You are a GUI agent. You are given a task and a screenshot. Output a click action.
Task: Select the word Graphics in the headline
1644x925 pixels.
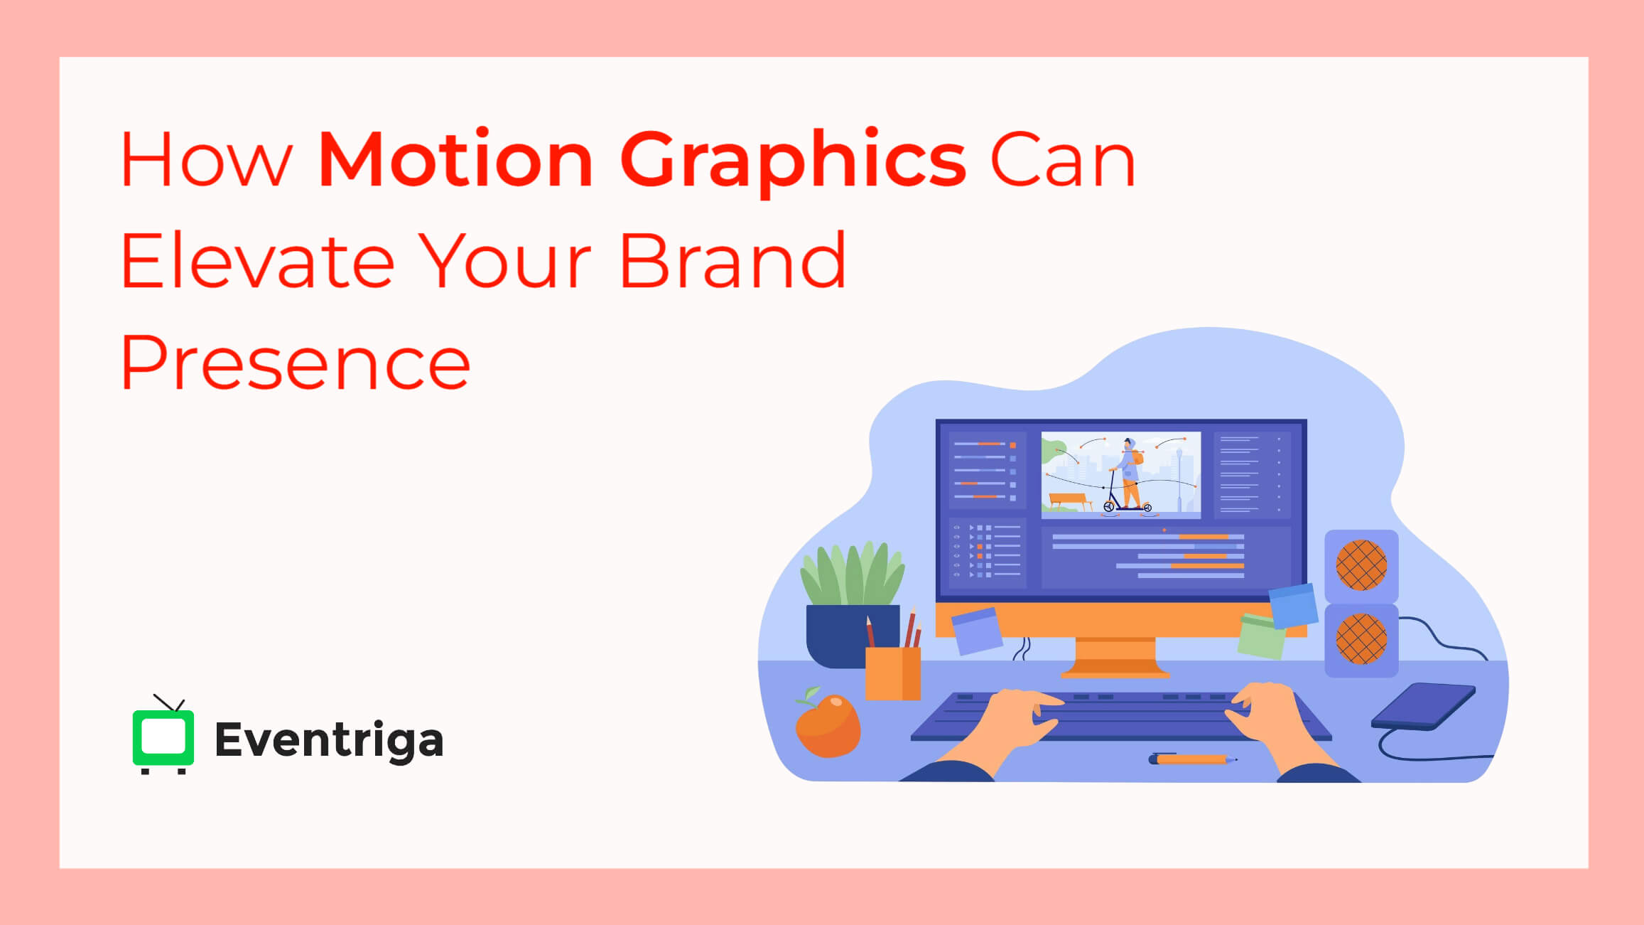[792, 161]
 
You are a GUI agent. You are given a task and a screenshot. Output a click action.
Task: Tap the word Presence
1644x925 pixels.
[295, 363]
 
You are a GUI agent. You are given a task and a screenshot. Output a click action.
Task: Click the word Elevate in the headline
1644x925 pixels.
[257, 261]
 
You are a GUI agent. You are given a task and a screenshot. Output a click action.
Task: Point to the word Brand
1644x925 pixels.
[732, 261]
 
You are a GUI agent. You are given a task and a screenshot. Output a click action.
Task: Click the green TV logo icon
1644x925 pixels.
[163, 737]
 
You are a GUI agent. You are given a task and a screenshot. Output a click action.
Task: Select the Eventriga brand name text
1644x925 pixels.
[329, 740]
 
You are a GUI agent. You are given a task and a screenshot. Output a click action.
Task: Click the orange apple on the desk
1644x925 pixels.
[828, 725]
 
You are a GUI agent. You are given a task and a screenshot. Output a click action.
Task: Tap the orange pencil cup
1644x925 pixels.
[892, 673]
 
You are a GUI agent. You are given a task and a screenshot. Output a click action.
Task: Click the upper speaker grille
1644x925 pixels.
[1361, 565]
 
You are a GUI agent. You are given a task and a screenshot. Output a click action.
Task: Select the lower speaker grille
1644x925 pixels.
[1361, 639]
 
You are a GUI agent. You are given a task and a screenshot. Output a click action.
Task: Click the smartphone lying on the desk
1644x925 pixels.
[1423, 706]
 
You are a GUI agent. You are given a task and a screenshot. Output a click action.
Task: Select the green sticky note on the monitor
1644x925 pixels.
[1261, 636]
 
